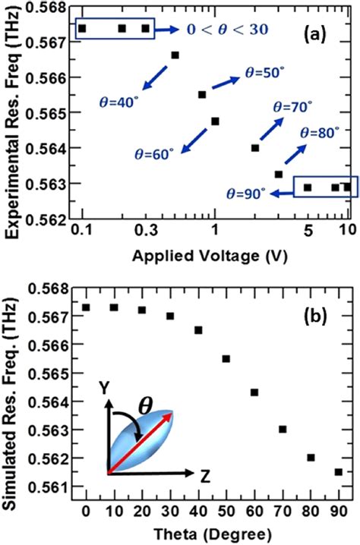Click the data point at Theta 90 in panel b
[x=338, y=471]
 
